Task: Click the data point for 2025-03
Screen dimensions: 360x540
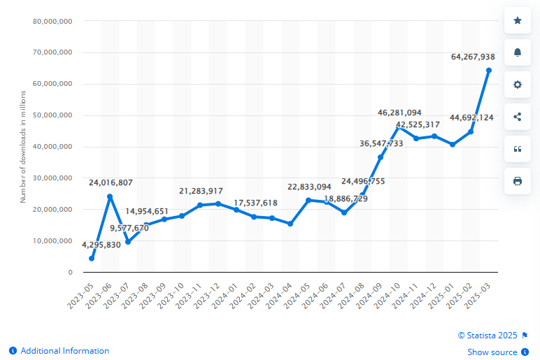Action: click(489, 71)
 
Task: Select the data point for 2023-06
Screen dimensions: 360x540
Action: click(110, 197)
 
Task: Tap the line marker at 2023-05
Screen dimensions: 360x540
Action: click(92, 259)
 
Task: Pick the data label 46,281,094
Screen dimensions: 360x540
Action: click(399, 112)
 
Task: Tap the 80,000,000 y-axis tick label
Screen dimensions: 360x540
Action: click(53, 21)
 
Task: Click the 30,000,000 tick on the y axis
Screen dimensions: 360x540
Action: click(53, 178)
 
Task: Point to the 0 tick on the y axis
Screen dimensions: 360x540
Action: click(70, 273)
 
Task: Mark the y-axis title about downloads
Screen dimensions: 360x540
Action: click(22, 147)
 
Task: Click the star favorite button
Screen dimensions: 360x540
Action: click(518, 20)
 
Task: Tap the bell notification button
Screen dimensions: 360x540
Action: click(518, 52)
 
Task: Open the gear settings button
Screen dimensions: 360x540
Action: click(518, 85)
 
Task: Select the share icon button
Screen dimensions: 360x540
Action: click(518, 117)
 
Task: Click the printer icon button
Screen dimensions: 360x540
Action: click(518, 181)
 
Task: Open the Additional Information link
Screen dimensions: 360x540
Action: click(64, 351)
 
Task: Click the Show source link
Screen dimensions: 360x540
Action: click(492, 352)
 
